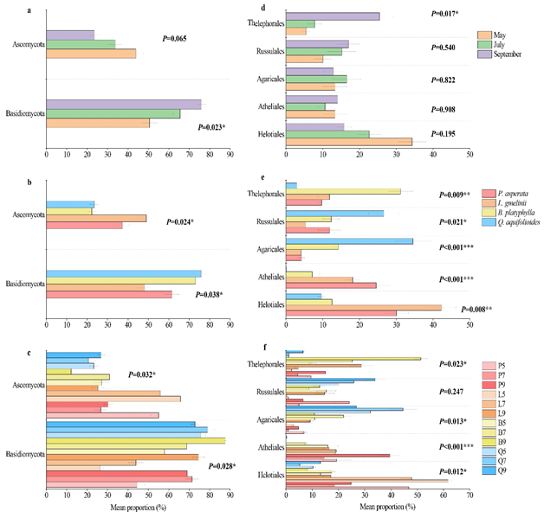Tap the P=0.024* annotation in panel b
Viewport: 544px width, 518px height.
pyautogui.click(x=180, y=221)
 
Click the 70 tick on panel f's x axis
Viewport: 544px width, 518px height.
pyautogui.click(x=470, y=499)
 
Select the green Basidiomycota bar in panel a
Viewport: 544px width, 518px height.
pyautogui.click(x=113, y=113)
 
